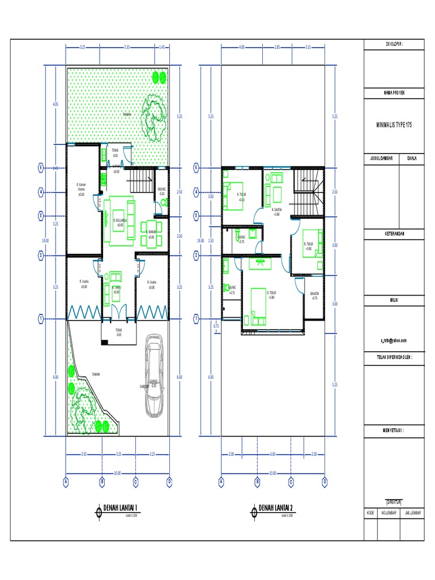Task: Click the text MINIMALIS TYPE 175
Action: (392, 123)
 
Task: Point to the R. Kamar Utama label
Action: (81, 189)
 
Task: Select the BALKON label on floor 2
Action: (314, 295)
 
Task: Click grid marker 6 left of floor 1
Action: (41, 167)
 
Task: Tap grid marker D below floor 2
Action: (325, 482)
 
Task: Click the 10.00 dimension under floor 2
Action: (272, 472)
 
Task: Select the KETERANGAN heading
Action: (392, 233)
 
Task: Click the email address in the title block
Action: (394, 340)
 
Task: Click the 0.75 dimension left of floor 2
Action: (216, 326)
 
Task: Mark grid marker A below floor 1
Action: (66, 482)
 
